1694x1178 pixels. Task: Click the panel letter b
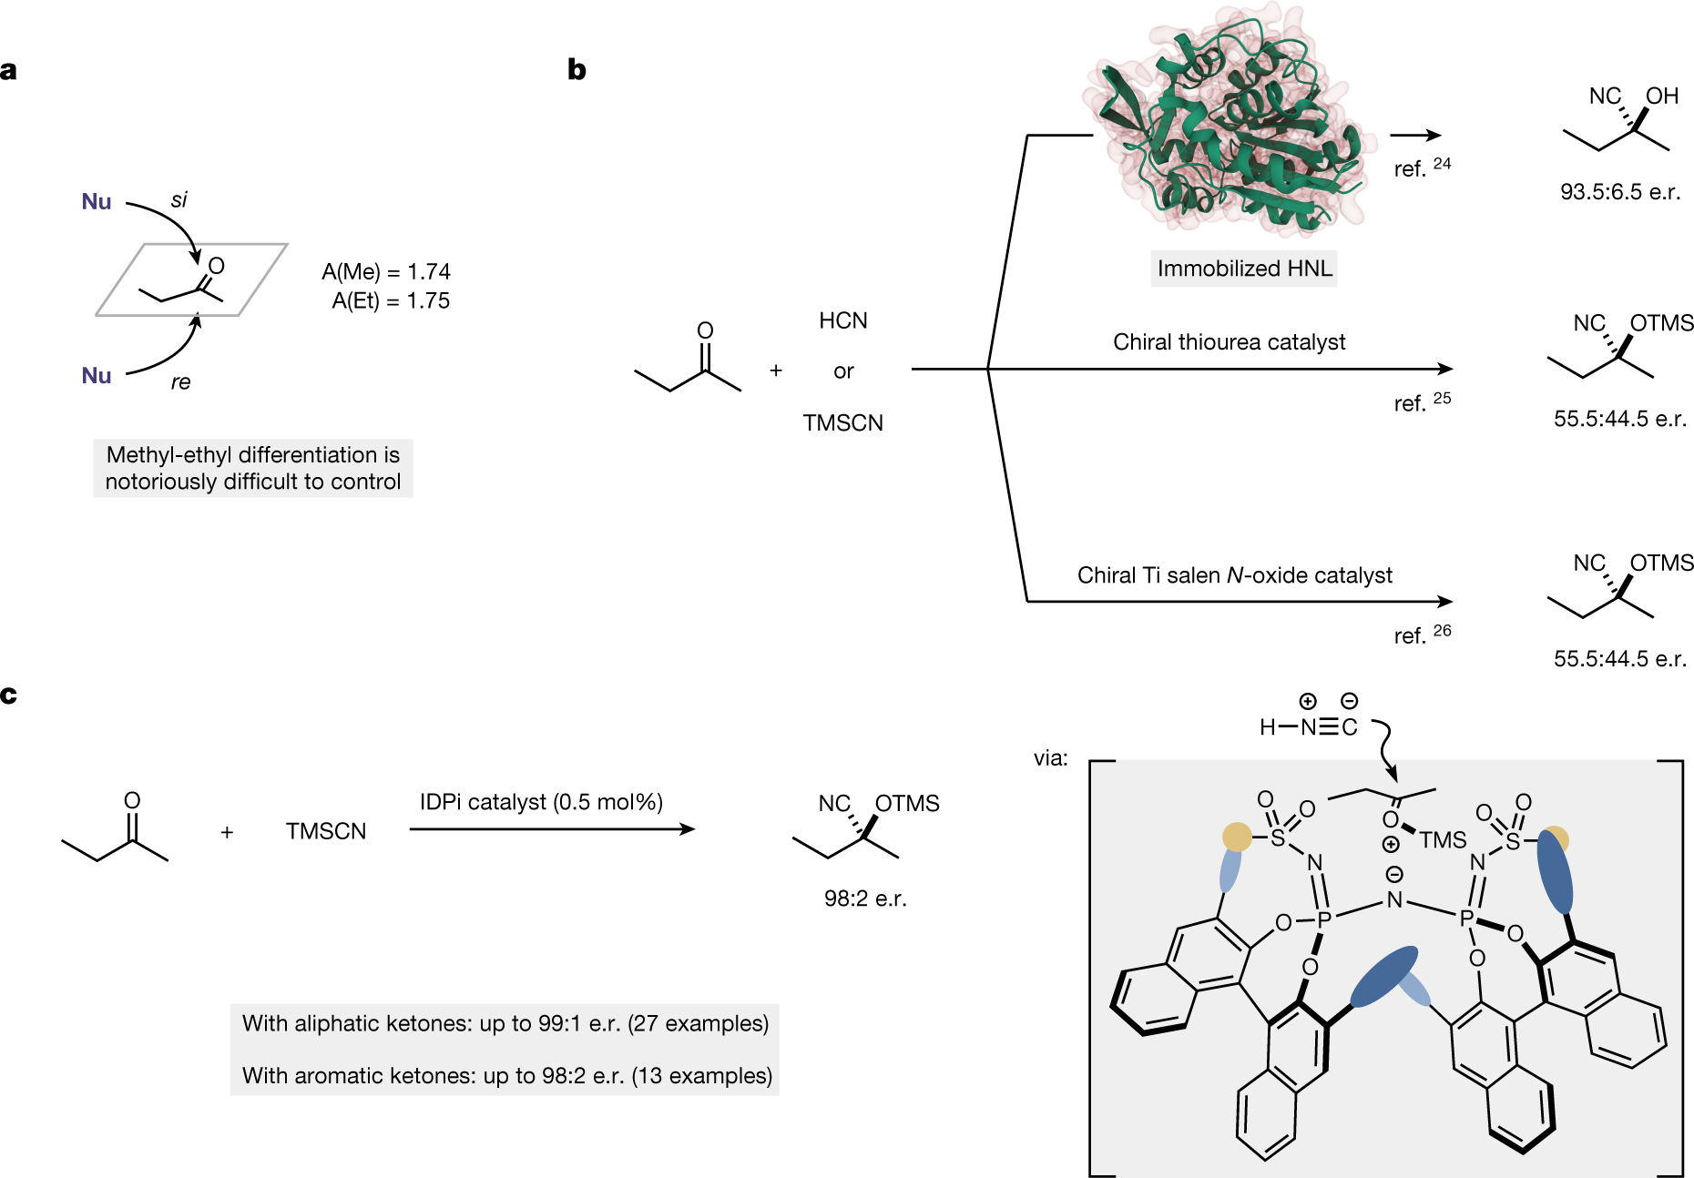(x=577, y=70)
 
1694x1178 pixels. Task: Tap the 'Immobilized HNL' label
(x=1243, y=269)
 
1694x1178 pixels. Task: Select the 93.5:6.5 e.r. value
(x=1619, y=192)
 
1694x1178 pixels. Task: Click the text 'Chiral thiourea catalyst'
(x=1229, y=342)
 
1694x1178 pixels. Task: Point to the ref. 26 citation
(x=1422, y=635)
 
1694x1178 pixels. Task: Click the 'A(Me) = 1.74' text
(x=386, y=271)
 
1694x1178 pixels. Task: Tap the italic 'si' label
(x=179, y=199)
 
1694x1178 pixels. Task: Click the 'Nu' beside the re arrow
(x=97, y=375)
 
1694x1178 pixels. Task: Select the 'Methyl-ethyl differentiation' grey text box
(x=253, y=468)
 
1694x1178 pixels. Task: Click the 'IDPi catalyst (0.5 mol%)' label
(x=541, y=802)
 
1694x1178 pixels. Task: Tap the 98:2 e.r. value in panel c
(x=865, y=899)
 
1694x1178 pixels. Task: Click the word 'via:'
(x=1050, y=758)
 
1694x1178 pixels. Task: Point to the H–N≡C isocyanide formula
(x=1309, y=726)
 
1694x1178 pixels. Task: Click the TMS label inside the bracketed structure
(x=1442, y=839)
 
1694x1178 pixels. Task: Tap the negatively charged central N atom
(x=1394, y=899)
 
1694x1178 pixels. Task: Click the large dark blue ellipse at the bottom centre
(x=1383, y=977)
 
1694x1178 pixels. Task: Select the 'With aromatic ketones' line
(x=506, y=1075)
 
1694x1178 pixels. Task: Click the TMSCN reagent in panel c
(x=326, y=831)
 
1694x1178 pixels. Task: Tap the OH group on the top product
(x=1661, y=96)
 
